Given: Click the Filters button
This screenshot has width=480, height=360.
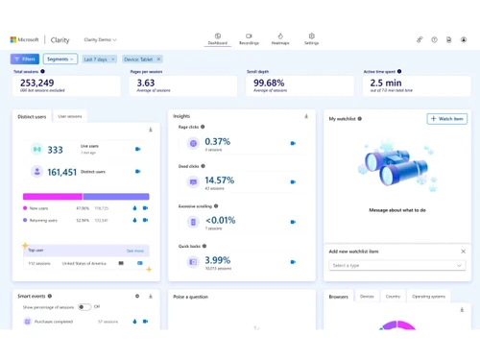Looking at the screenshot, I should coord(25,60).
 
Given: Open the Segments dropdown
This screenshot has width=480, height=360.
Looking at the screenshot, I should coord(60,60).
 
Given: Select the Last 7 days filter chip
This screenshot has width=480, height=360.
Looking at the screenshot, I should coord(97,60).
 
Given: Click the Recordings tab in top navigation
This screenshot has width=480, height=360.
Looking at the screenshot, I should coord(249,39).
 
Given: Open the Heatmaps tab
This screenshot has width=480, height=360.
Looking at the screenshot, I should coord(280,39).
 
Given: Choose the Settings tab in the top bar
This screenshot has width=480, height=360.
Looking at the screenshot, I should coord(311,39).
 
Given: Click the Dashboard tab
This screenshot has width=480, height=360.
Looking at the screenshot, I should coord(218,39).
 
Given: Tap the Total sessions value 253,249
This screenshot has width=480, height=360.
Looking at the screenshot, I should coord(37,84).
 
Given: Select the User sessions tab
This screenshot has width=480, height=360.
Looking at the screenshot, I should coord(70,116).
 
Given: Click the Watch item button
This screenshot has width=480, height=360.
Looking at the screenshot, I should coord(446,119).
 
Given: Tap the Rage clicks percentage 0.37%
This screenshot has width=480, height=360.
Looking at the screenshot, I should coord(218,142).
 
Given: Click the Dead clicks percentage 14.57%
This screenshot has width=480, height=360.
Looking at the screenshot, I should coord(220,180).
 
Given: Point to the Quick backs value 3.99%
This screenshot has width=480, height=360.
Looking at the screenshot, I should coord(218,260).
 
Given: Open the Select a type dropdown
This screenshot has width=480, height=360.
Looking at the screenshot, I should coord(397,265).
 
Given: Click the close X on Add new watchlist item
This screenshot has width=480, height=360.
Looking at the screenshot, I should coord(463,252).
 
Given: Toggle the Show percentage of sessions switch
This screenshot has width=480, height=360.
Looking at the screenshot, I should coord(84,307).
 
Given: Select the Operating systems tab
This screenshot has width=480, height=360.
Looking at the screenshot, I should coord(428,297).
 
